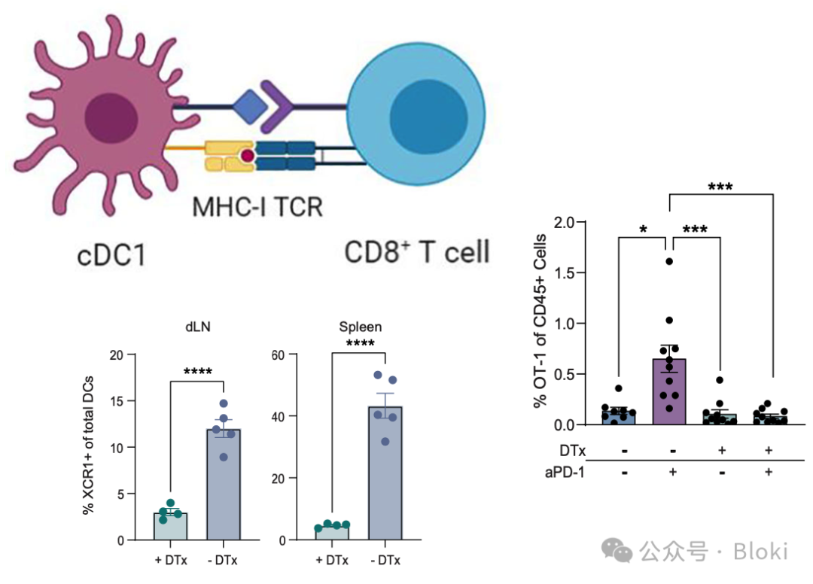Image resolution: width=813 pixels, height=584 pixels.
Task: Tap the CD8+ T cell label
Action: tap(416, 251)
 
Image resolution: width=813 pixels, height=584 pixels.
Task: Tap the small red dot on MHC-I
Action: tap(246, 157)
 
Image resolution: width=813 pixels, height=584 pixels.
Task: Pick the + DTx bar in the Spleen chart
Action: tap(332, 532)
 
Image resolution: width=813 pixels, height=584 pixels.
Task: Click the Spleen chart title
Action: tap(359, 327)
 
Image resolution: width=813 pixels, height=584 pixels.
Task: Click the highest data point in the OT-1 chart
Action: tap(668, 261)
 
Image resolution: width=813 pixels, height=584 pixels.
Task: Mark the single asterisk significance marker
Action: tap(642, 227)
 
